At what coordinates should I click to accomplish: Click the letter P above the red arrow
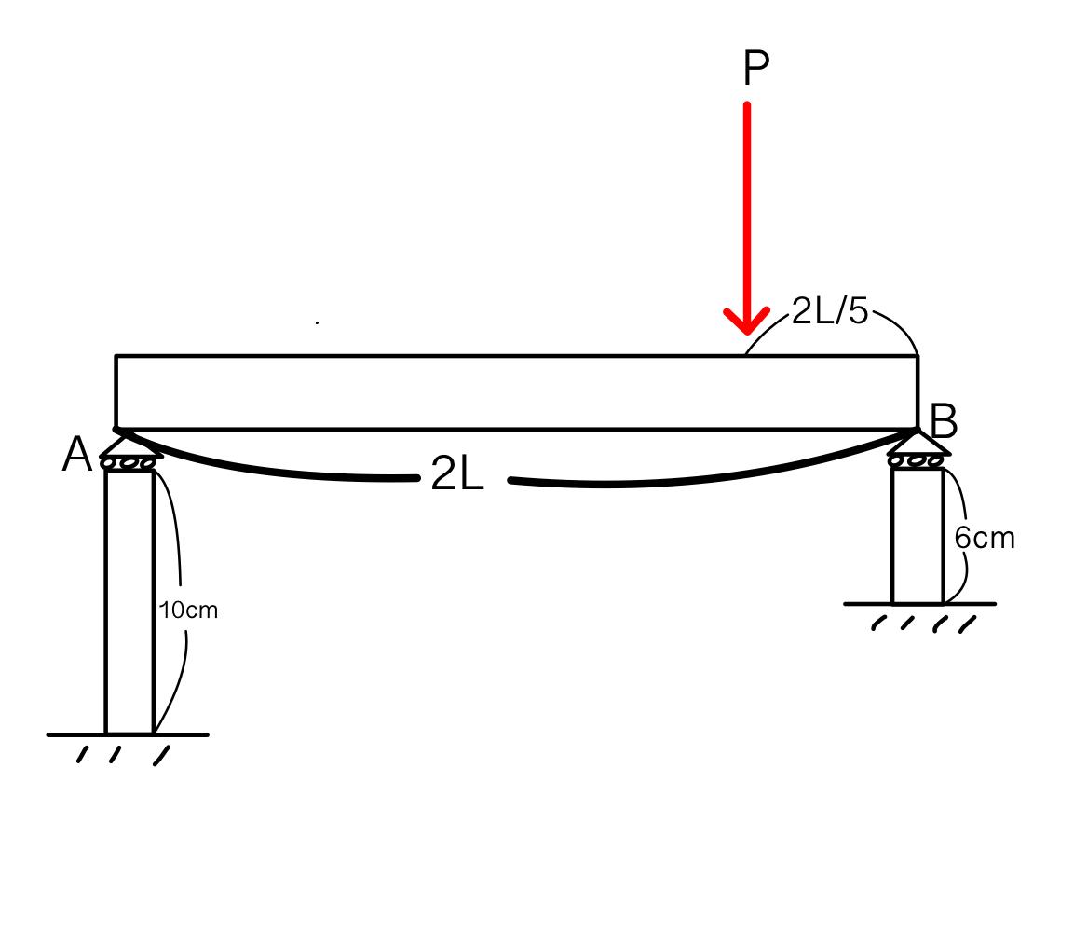coord(755,69)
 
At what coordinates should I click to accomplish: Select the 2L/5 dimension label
coord(829,311)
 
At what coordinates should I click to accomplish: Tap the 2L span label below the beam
coord(457,476)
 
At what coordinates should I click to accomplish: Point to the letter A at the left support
coord(77,456)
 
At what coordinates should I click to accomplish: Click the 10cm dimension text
coord(189,610)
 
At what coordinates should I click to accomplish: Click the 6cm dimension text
coord(985,538)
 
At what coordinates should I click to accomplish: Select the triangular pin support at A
coord(129,445)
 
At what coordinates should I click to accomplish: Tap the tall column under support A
coord(129,601)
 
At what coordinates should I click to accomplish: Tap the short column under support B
coord(918,536)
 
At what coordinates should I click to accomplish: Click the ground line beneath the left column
coord(128,734)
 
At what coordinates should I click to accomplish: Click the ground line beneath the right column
coord(919,604)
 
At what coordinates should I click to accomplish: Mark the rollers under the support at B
coord(918,461)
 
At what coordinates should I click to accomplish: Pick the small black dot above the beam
coord(318,322)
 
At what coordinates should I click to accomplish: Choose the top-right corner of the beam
coord(918,356)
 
